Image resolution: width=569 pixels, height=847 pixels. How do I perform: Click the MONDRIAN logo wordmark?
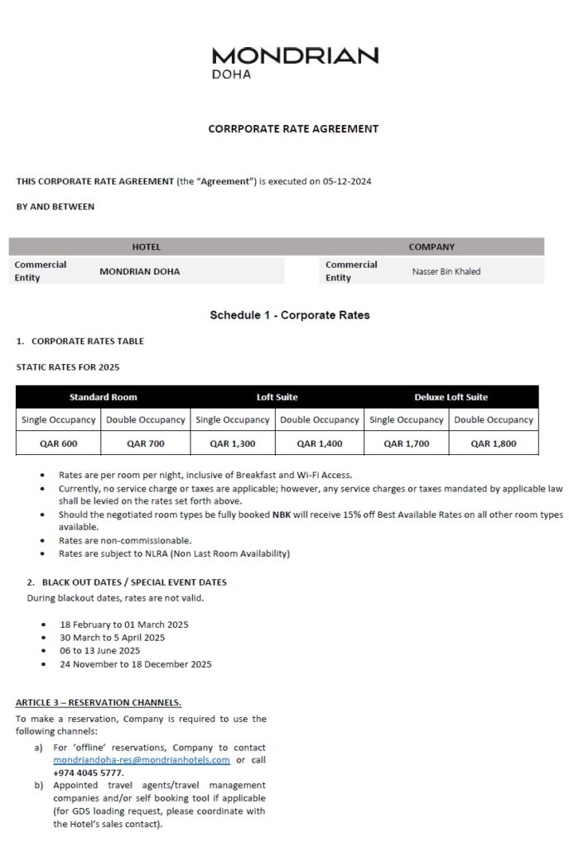click(x=295, y=55)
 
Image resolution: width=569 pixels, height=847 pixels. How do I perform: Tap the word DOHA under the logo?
click(x=231, y=74)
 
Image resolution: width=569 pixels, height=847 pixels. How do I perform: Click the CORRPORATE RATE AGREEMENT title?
click(x=293, y=129)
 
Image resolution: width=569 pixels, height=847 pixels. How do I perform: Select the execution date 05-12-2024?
click(x=345, y=181)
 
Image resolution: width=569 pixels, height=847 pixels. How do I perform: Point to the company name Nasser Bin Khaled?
click(x=446, y=271)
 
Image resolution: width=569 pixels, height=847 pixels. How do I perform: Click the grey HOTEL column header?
click(x=147, y=246)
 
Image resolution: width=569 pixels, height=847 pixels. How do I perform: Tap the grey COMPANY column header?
click(x=432, y=246)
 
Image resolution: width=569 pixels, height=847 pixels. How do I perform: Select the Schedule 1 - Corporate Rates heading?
click(x=289, y=315)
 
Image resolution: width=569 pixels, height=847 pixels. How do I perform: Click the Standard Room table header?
click(x=103, y=397)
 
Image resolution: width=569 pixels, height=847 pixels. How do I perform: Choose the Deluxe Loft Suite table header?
click(x=451, y=397)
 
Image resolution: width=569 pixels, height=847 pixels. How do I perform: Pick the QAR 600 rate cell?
click(x=59, y=443)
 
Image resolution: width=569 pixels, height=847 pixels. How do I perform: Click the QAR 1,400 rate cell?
click(x=319, y=443)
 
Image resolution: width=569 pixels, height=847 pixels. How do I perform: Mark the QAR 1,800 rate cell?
click(x=493, y=443)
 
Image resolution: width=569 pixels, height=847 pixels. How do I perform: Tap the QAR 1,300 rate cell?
click(x=232, y=443)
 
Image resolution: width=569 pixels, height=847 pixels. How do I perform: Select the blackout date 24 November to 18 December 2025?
click(x=135, y=664)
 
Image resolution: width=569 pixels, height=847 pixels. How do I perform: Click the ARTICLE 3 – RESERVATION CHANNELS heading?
click(x=99, y=703)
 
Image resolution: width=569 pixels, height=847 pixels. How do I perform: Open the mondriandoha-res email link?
click(x=142, y=760)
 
